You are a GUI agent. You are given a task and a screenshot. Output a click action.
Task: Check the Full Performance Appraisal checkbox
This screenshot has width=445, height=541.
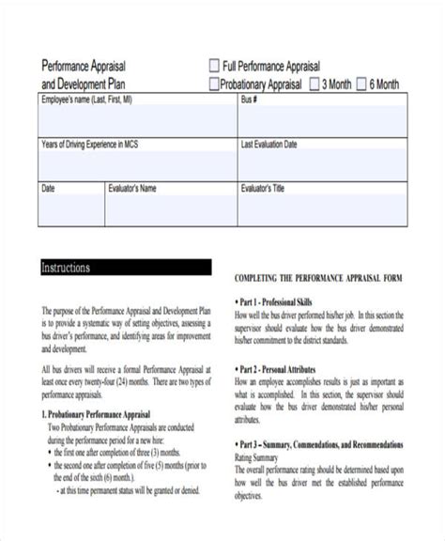pos(215,66)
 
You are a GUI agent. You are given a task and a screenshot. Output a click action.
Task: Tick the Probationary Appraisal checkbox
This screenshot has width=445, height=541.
pos(215,84)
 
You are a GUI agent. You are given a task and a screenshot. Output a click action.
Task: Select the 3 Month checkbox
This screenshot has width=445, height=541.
pos(313,84)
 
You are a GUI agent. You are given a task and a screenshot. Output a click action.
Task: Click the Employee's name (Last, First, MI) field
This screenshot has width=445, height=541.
pos(136,116)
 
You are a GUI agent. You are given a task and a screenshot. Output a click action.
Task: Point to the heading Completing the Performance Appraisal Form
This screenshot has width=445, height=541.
pos(317,279)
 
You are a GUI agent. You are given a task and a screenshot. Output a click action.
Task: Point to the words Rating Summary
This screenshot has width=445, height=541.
pos(260,456)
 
